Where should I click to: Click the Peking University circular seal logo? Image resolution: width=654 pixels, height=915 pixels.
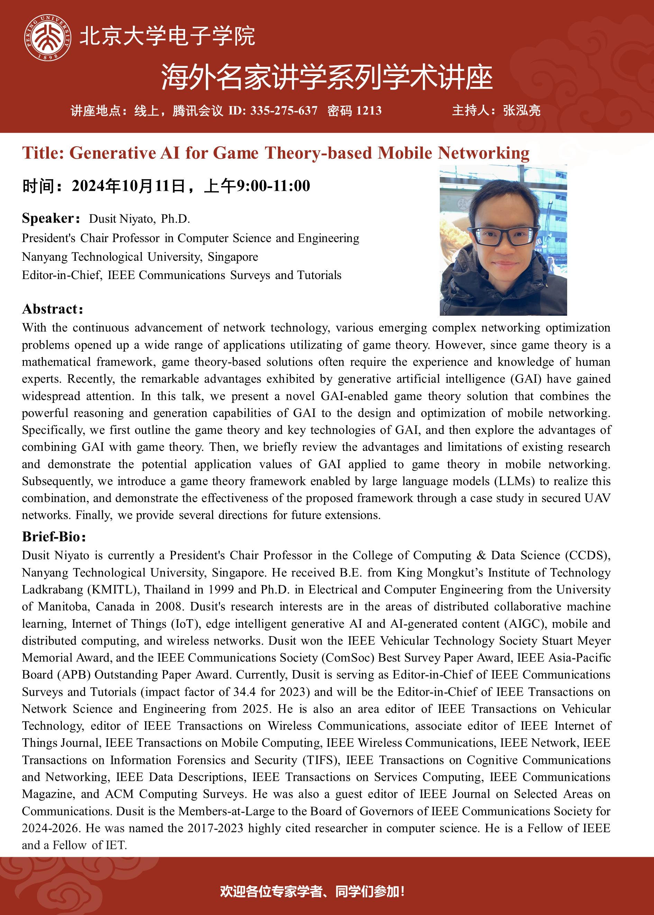(x=47, y=37)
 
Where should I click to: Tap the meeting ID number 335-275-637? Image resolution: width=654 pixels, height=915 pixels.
(x=283, y=111)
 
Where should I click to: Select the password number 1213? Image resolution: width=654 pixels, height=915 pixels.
(x=369, y=111)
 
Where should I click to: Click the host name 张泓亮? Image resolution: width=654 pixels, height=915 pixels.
(x=521, y=111)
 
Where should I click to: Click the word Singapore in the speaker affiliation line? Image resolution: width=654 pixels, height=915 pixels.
(x=233, y=257)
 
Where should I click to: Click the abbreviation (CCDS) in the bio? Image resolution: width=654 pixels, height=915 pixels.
(x=588, y=556)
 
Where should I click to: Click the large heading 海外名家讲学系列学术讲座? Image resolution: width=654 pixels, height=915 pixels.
(x=327, y=77)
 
